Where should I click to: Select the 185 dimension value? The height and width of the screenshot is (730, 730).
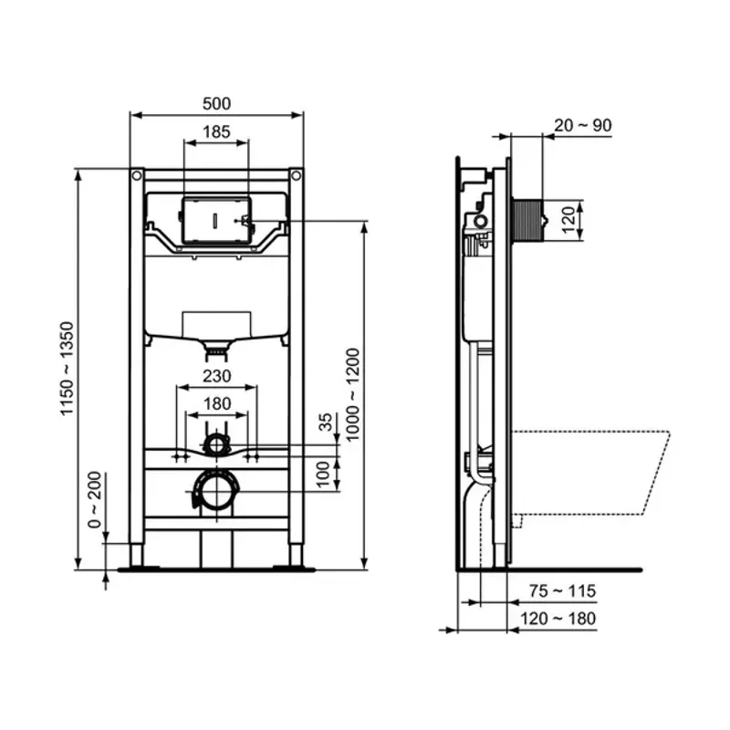216,131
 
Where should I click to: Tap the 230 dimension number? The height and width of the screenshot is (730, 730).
216,375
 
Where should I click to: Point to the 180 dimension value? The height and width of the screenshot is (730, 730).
216,402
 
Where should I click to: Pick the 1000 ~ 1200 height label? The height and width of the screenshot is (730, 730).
352,394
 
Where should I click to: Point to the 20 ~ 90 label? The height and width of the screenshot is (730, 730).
582,125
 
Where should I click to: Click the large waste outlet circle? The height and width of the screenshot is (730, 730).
216,493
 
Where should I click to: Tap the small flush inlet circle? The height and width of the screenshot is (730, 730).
216,444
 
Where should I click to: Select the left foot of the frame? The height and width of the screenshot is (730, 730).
137,555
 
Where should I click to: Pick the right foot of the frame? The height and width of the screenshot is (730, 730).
296,555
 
